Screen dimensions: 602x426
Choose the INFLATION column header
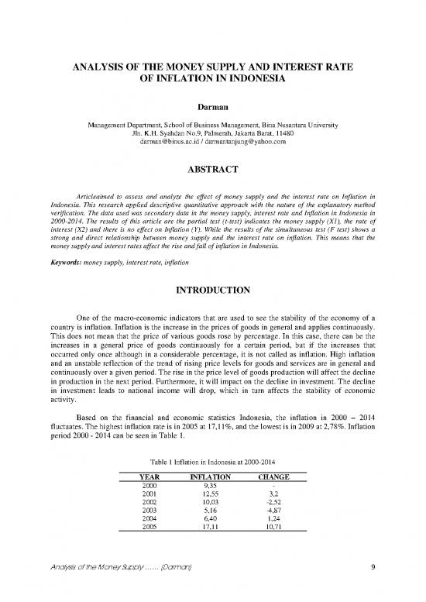click(212, 477)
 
